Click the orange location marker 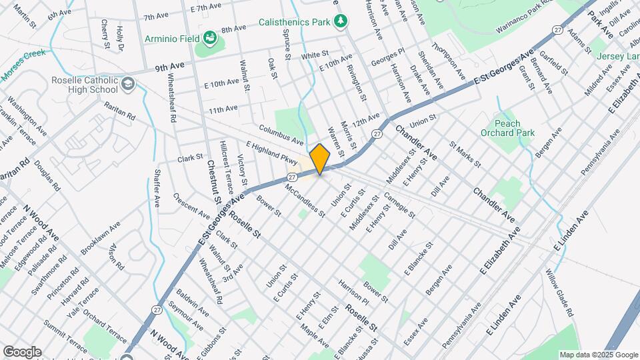[320, 159]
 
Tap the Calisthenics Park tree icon [341, 21]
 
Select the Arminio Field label [173, 38]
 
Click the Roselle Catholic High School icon [128, 84]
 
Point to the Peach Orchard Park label [507, 128]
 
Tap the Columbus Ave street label [281, 133]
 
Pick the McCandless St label [305, 201]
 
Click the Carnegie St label [399, 206]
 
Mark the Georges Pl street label [389, 55]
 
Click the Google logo [22, 351]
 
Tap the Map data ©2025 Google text [598, 355]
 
